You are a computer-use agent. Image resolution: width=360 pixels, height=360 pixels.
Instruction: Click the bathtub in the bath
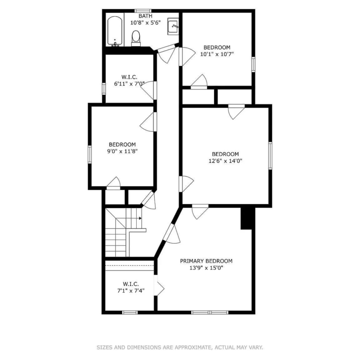pyautogui.click(x=114, y=31)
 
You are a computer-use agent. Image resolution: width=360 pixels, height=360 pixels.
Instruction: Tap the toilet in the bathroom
pyautogui.click(x=136, y=38)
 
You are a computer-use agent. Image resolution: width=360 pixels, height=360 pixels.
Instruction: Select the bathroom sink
pyautogui.click(x=173, y=26)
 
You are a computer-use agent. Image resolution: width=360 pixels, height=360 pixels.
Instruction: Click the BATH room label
pyautogui.click(x=145, y=16)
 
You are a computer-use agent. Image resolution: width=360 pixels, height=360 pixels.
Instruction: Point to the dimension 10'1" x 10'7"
pyautogui.click(x=217, y=54)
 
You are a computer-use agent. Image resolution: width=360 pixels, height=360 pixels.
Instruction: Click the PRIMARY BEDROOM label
pyautogui.click(x=206, y=261)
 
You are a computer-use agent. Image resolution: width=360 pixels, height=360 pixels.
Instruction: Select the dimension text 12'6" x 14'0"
pyautogui.click(x=225, y=161)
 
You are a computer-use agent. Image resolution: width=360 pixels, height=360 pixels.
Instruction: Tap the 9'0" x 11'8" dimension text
pyautogui.click(x=122, y=151)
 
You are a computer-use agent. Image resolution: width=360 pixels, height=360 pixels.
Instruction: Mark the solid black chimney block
pyautogui.click(x=248, y=218)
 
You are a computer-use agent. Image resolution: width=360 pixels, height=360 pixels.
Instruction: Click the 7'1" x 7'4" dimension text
pyautogui.click(x=131, y=291)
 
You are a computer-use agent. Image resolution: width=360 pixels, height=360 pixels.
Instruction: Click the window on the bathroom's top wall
pyautogui.click(x=143, y=11)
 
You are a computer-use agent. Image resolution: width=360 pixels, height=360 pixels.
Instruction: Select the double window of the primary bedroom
pyautogui.click(x=210, y=312)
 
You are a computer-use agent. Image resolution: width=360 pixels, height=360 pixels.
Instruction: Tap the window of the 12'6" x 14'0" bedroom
pyautogui.click(x=270, y=156)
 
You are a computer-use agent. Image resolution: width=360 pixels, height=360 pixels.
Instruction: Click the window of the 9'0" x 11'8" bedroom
pyautogui.click(x=90, y=155)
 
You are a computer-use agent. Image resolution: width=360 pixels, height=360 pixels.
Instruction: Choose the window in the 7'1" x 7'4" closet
pyautogui.click(x=130, y=312)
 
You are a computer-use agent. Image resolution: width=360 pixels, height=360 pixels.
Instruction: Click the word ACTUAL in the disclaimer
pyautogui.click(x=223, y=348)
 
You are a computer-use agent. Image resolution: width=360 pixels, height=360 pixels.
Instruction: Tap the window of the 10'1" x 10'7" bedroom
pyautogui.click(x=253, y=65)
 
